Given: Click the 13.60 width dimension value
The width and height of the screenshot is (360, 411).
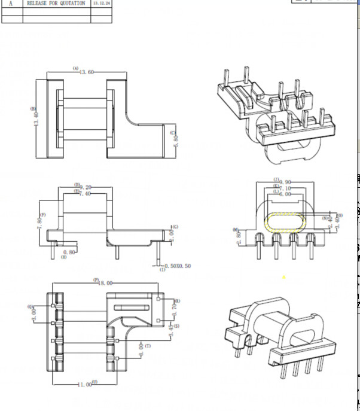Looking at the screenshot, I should (x=87, y=73).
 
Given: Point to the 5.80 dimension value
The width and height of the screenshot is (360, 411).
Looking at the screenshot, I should (x=175, y=141).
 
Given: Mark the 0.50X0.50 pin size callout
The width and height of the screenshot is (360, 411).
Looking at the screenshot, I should (x=178, y=266).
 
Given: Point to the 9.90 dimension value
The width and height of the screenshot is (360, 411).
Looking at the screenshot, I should (x=285, y=181).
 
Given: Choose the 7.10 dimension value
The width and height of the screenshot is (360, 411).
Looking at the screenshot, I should (x=285, y=188).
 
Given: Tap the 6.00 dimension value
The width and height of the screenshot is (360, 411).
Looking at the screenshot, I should (x=285, y=194).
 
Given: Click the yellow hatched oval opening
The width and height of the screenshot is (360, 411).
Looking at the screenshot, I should (x=285, y=222).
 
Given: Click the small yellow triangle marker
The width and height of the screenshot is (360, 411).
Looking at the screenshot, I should (x=284, y=277).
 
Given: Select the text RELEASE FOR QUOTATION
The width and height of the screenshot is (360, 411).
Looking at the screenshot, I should (x=56, y=4).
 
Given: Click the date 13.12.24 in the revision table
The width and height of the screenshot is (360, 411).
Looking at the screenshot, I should (x=101, y=4).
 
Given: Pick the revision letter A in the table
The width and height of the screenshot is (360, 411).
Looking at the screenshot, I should (x=11, y=4).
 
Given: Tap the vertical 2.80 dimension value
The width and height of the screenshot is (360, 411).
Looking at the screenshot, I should (x=239, y=238).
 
